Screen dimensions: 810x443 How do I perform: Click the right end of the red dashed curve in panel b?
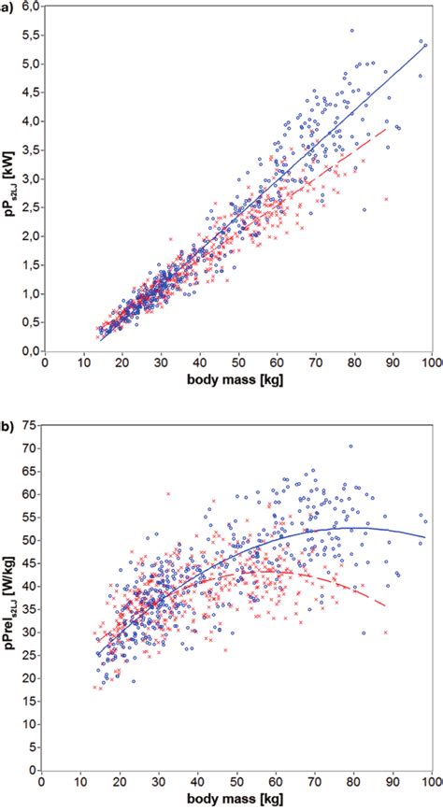point(386,606)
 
